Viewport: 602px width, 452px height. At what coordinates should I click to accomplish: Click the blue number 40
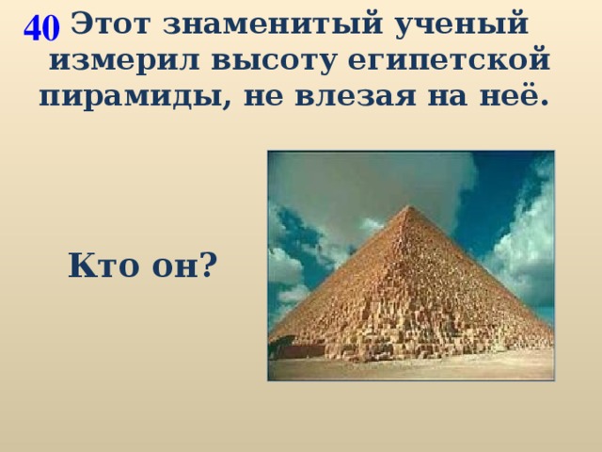click(x=41, y=28)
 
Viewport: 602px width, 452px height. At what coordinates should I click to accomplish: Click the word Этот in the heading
click(x=109, y=24)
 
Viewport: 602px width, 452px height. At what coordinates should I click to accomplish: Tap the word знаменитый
click(x=272, y=24)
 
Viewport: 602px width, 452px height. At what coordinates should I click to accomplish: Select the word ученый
click(x=462, y=25)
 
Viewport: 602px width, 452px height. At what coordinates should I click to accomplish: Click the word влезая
click(x=356, y=95)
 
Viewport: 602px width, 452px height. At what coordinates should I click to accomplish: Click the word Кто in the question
click(x=103, y=266)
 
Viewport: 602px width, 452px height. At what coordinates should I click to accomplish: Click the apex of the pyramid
click(x=410, y=206)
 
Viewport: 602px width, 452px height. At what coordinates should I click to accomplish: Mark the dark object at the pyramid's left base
click(x=282, y=346)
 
